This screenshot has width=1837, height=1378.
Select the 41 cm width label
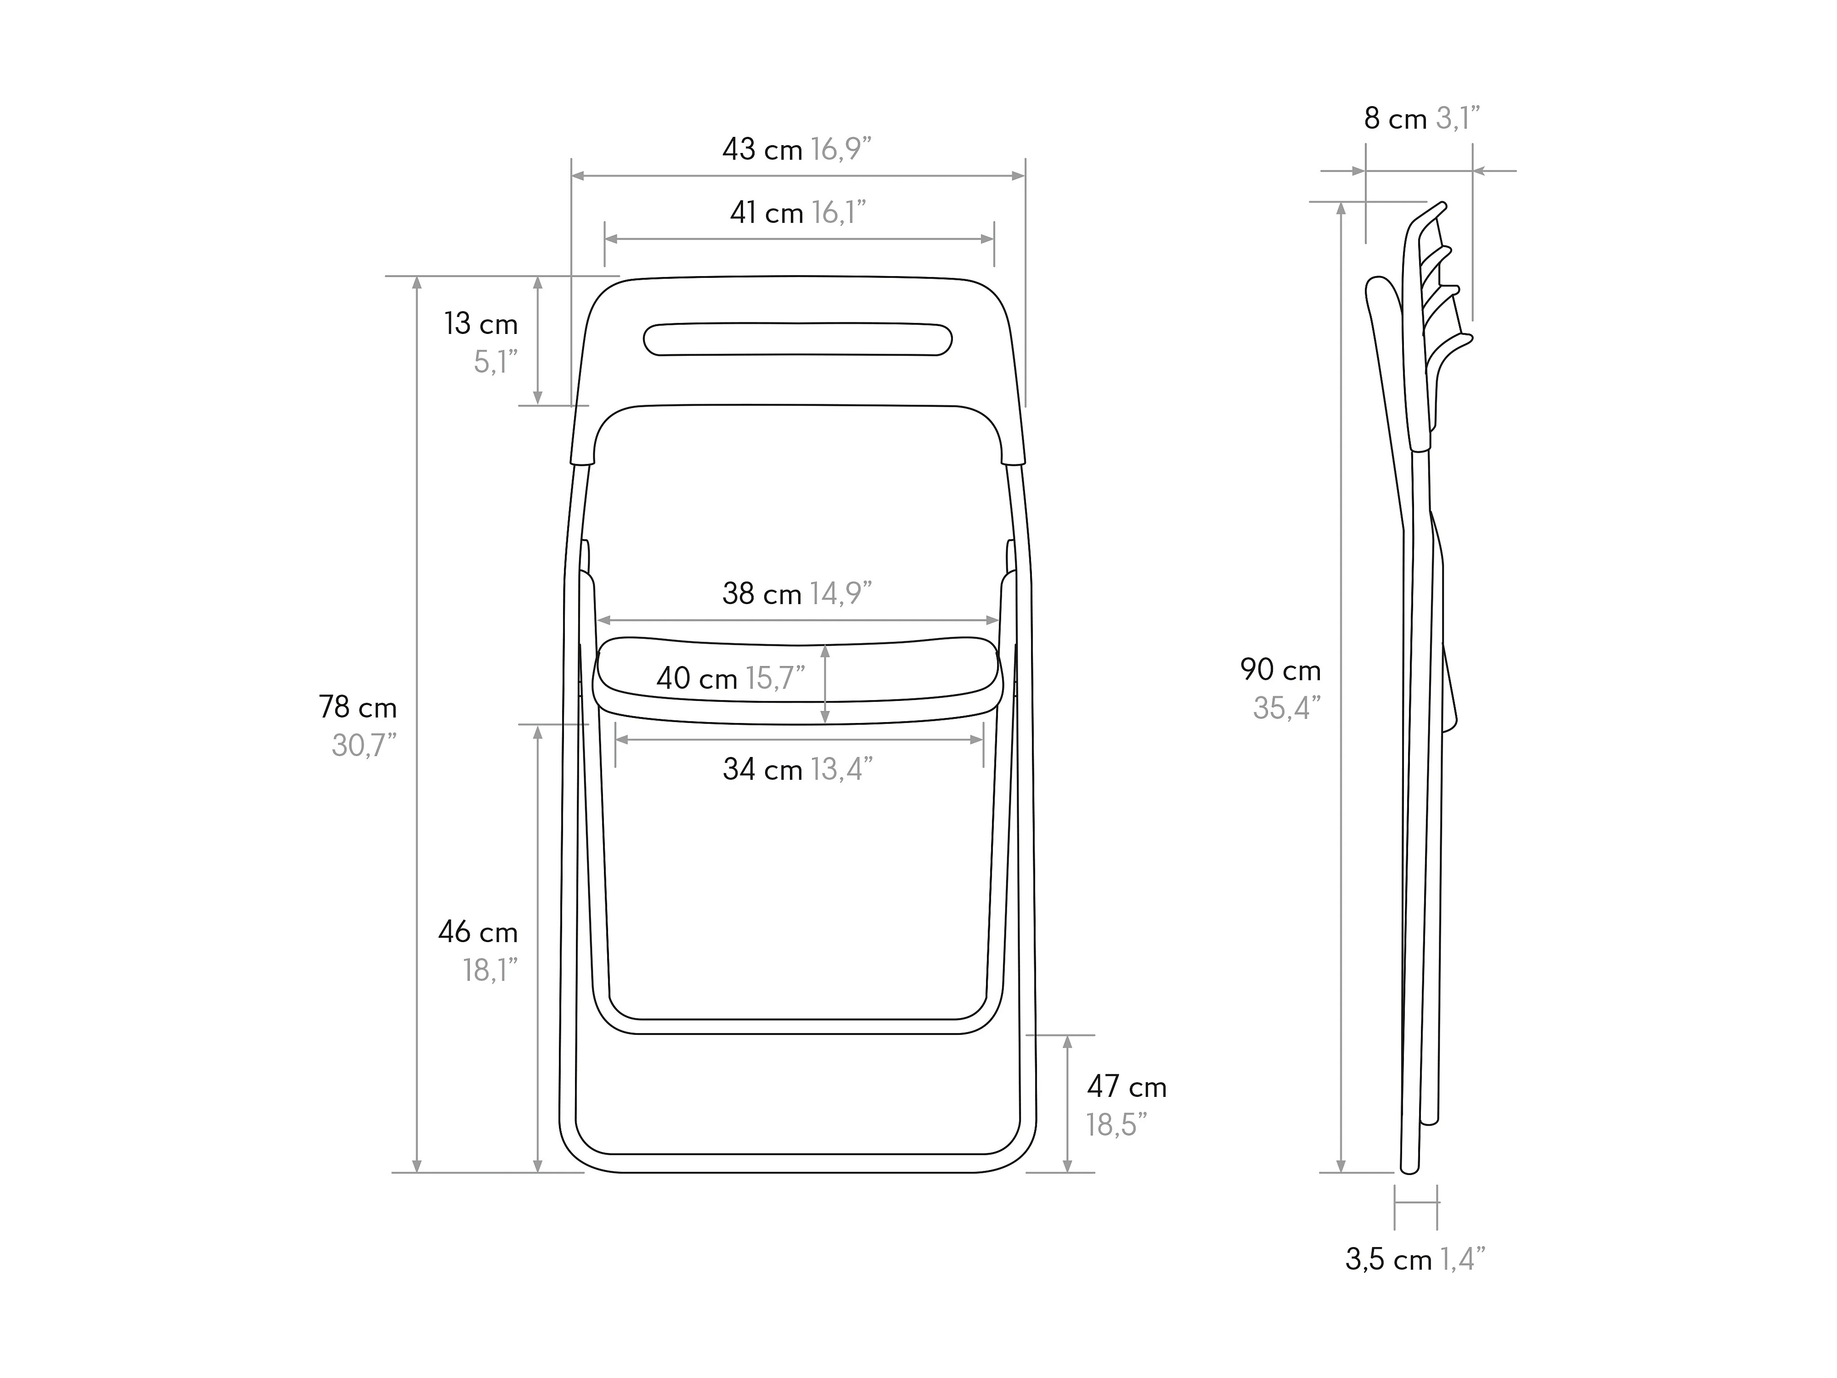766,214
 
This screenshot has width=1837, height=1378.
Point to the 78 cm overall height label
358,708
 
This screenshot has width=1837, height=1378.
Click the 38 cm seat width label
761,594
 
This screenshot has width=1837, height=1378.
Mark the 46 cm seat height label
478,933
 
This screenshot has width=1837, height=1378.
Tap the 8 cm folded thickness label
1395,119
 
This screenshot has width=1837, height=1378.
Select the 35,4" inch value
1286,708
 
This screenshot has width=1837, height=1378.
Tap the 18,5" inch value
1116,1125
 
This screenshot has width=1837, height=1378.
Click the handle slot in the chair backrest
797,339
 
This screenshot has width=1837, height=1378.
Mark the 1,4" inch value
1462,1260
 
